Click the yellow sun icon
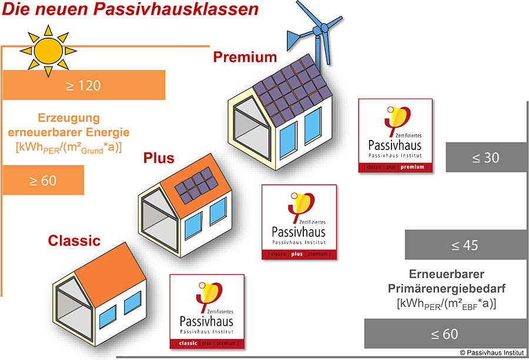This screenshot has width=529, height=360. click(x=48, y=51)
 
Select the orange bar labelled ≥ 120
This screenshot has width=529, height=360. click(x=83, y=85)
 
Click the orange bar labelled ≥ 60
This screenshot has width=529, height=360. click(x=43, y=180)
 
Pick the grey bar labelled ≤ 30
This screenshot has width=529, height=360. click(x=486, y=158)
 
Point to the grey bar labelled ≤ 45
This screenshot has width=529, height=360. click(x=466, y=245)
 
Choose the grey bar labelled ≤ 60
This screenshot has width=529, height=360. click(x=446, y=334)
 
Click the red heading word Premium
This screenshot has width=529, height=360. click(x=245, y=57)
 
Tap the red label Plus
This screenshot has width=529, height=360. click(x=159, y=158)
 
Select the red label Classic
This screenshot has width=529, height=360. click(x=74, y=241)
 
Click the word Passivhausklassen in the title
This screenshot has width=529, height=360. click(x=176, y=9)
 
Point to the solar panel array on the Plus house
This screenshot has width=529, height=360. click(x=196, y=185)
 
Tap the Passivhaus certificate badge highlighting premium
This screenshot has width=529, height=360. click(x=396, y=135)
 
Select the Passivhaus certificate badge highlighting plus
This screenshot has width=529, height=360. click(x=299, y=222)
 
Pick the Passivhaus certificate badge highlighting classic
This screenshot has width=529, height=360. click(x=207, y=311)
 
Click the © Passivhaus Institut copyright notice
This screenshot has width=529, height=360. click(x=492, y=352)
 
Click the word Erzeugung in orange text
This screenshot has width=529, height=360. click(x=69, y=118)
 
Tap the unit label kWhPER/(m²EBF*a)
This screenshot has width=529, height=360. click(x=446, y=304)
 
